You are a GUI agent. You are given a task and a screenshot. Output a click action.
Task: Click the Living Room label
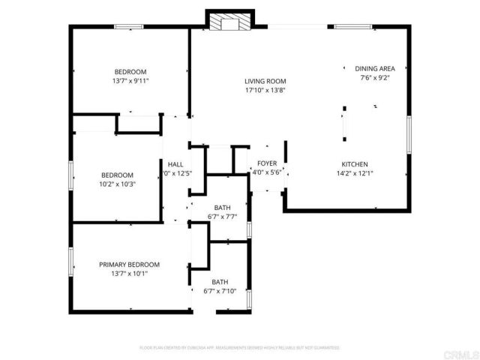coord(265,82)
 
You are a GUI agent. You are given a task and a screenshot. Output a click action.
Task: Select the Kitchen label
coord(355,164)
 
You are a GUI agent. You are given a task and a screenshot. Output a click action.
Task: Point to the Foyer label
coord(266,163)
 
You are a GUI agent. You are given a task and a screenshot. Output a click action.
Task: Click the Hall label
coord(175,164)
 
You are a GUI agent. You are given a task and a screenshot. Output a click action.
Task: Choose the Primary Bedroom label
coord(130,264)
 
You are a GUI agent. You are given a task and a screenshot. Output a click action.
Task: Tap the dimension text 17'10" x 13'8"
coord(265,91)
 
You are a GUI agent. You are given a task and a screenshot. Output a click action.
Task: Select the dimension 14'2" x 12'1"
coord(355,173)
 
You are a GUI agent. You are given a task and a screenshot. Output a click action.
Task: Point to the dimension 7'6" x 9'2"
coord(374,77)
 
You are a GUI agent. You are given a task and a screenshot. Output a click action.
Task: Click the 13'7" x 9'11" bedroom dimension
coord(130,81)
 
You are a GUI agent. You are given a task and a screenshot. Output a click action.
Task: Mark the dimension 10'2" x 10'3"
coord(118,184)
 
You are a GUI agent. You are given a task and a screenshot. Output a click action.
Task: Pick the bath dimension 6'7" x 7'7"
coord(222,217)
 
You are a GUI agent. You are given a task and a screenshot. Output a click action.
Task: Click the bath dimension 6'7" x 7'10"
coord(220,291)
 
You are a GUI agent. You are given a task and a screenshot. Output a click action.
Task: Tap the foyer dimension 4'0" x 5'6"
coord(266,172)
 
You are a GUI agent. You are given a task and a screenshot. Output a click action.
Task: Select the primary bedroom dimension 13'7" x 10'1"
coord(130,273)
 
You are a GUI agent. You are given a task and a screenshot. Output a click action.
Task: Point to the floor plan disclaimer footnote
coord(240,348)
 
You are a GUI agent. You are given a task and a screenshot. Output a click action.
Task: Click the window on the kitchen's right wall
coord(410,136)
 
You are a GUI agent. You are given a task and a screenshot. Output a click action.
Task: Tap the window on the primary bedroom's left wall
coord(71,262)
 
